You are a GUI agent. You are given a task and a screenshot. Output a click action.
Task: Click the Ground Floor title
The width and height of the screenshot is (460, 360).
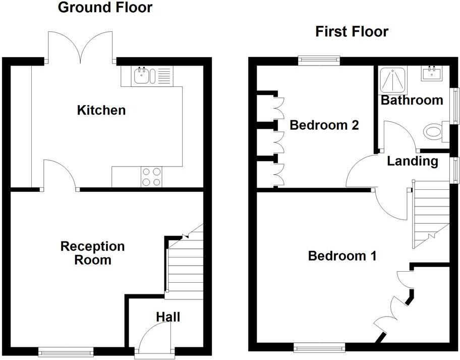coord(105,8)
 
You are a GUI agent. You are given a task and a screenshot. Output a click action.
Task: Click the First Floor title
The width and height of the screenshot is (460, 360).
coord(352,32)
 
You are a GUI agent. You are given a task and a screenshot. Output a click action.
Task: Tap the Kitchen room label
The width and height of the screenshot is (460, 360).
coord(101,110)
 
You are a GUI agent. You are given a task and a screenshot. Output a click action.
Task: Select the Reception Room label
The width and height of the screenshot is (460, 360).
coord(92,253)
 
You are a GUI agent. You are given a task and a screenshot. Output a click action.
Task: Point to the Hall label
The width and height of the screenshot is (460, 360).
coord(167,317)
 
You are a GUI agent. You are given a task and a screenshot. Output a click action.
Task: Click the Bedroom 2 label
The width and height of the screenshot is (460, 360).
coord(324,125)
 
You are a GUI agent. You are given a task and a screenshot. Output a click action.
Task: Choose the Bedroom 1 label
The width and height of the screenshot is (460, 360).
coord(342,256)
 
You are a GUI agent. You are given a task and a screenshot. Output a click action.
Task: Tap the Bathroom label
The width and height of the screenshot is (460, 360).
coord(412,99)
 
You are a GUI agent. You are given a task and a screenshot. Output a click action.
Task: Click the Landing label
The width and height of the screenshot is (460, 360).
coord(412,161)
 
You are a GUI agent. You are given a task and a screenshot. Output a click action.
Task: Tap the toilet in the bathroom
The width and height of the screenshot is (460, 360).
coord(432,133)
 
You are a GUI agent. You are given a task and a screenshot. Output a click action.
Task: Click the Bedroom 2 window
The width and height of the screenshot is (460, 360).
coord(318,60)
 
